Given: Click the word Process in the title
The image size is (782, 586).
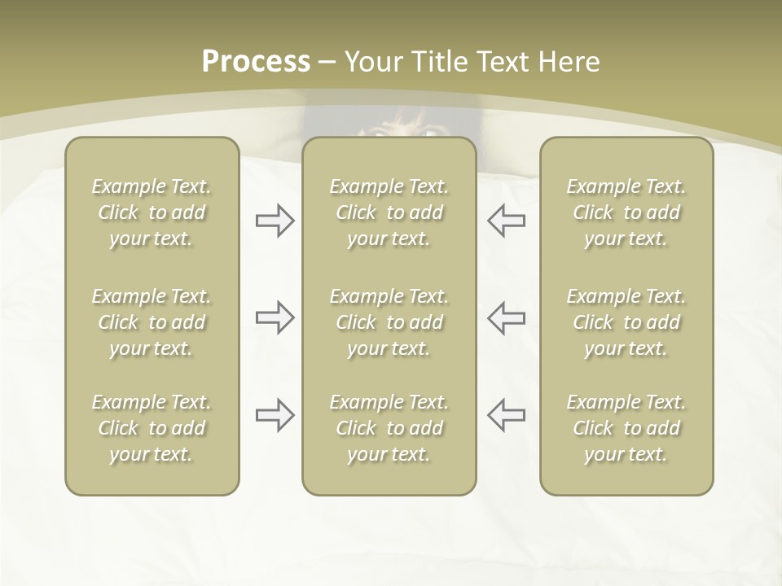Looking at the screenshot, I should pyautogui.click(x=256, y=62).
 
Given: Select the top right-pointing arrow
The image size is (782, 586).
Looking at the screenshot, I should pyautogui.click(x=275, y=221).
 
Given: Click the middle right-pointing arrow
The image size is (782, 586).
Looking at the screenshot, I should pyautogui.click(x=275, y=317).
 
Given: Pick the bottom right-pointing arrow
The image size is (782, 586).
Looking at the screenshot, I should pyautogui.click(x=275, y=415).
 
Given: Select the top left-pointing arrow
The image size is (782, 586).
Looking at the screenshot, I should pyautogui.click(x=507, y=221).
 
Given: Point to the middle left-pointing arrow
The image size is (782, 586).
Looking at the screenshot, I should pyautogui.click(x=507, y=317).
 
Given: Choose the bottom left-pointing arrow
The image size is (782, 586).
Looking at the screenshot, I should pyautogui.click(x=507, y=415).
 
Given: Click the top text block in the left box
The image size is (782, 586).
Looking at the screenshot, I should pyautogui.click(x=152, y=212).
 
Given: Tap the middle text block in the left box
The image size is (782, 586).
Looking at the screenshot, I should pyautogui.click(x=152, y=322).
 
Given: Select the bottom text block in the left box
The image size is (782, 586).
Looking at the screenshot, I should pyautogui.click(x=152, y=428).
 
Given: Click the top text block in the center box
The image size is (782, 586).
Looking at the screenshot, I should pyautogui.click(x=389, y=212).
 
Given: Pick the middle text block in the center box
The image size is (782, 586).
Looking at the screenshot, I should pyautogui.click(x=389, y=322).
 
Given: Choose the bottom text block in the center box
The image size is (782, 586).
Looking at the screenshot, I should pyautogui.click(x=389, y=428).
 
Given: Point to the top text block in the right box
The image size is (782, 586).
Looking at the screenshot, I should pyautogui.click(x=626, y=212).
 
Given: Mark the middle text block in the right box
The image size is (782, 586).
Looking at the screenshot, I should pyautogui.click(x=626, y=322).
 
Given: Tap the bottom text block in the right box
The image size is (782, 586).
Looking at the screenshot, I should pyautogui.click(x=626, y=428).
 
